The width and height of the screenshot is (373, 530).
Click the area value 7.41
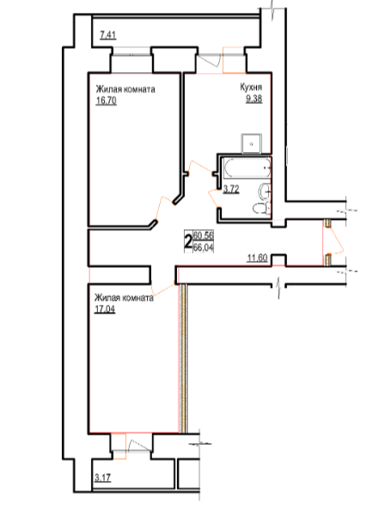click(x=108, y=35)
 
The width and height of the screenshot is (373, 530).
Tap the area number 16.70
click(x=107, y=101)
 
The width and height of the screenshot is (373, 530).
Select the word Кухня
click(x=251, y=88)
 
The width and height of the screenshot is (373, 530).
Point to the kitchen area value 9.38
click(x=254, y=99)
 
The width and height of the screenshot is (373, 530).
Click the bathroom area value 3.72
click(x=231, y=189)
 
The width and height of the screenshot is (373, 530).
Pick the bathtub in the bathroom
click(x=247, y=168)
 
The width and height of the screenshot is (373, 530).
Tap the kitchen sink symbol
click(x=251, y=143)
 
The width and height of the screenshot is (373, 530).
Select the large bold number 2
click(x=188, y=241)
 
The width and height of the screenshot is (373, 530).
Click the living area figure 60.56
click(x=203, y=235)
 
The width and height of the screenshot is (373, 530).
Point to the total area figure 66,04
click(x=203, y=247)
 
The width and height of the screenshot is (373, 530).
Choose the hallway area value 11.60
click(x=258, y=259)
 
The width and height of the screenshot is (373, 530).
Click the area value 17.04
click(x=105, y=309)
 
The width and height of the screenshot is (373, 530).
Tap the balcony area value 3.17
click(x=103, y=478)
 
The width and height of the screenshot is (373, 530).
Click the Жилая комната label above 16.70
click(x=125, y=89)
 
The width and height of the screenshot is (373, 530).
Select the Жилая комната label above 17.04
click(x=124, y=298)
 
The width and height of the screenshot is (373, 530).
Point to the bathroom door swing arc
click(x=211, y=197)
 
